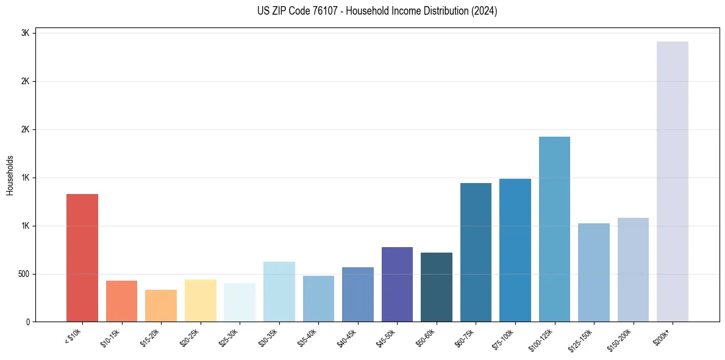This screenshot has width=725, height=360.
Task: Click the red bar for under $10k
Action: pyautogui.click(x=82, y=257)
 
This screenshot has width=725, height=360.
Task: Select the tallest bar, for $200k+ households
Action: pyautogui.click(x=673, y=181)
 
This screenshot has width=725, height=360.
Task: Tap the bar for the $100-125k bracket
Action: pyautogui.click(x=554, y=229)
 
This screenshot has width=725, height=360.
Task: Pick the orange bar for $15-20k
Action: pyautogui.click(x=161, y=306)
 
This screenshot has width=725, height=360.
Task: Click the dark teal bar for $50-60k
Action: pyautogui.click(x=437, y=287)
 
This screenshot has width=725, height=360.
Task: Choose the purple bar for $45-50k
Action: pyautogui.click(x=397, y=284)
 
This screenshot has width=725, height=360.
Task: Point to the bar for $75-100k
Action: pyautogui.click(x=515, y=250)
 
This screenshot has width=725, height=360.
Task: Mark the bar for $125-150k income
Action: pyautogui.click(x=594, y=272)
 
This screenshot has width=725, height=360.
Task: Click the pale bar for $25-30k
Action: pyautogui.click(x=240, y=302)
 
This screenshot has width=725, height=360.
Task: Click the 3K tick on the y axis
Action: pyautogui.click(x=26, y=33)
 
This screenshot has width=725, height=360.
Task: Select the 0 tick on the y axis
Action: pyautogui.click(x=27, y=322)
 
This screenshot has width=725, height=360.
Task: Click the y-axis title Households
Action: pyautogui.click(x=10, y=175)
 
